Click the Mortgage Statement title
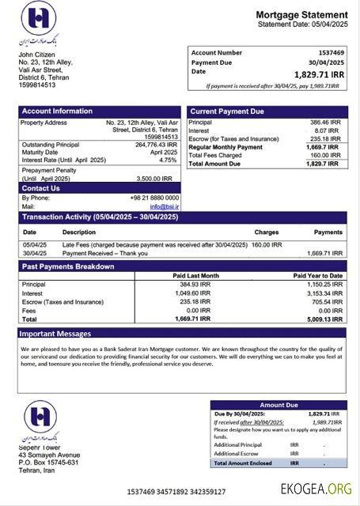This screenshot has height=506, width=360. click(x=301, y=15)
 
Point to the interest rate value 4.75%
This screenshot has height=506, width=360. click(x=168, y=160)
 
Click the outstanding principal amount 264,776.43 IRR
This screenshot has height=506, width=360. click(x=156, y=145)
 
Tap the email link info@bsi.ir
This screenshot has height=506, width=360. click(x=165, y=206)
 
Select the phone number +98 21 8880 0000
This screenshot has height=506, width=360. click(x=154, y=198)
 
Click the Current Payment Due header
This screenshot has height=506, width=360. click(x=227, y=111)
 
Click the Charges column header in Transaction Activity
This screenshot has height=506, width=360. click(x=266, y=232)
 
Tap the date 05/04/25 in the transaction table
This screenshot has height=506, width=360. click(x=34, y=245)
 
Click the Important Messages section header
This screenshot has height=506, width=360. click(x=56, y=334)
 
